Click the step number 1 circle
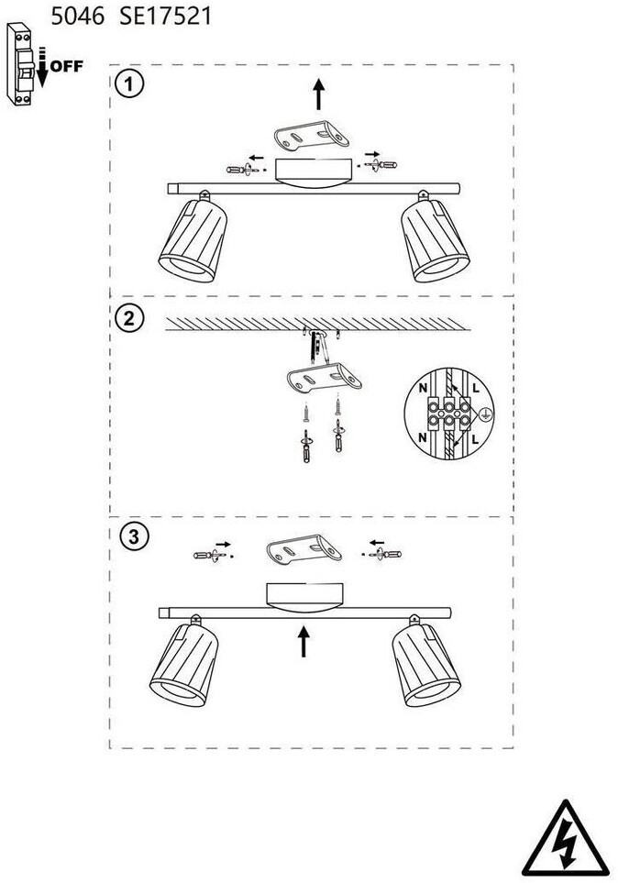[129, 84]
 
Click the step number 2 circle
[129, 318]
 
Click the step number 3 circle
[134, 536]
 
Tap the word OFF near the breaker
[67, 66]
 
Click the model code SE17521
[166, 16]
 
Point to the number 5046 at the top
[78, 16]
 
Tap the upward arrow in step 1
[319, 94]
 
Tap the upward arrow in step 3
[303, 642]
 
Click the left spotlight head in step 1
[193, 240]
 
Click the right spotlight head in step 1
[435, 240]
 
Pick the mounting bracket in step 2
[324, 377]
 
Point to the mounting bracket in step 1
[311, 137]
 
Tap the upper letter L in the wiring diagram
[476, 388]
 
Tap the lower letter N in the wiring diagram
[423, 438]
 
